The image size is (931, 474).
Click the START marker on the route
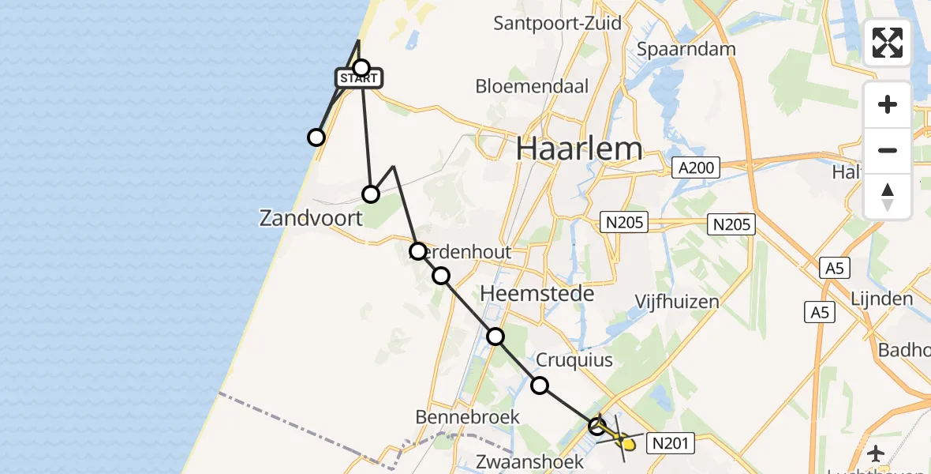click(x=360, y=78)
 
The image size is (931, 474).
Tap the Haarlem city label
click(x=579, y=148)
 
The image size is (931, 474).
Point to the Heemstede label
click(x=537, y=294)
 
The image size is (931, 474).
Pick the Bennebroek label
click(x=468, y=416)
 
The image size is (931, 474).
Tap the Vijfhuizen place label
click(x=678, y=301)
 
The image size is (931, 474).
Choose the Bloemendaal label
click(x=532, y=86)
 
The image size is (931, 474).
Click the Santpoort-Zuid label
click(x=557, y=23)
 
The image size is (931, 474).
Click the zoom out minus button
click(x=888, y=150)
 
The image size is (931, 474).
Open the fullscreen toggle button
click(x=888, y=43)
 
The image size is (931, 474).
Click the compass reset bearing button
click(x=888, y=196)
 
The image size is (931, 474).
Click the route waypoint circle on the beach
click(x=316, y=137)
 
